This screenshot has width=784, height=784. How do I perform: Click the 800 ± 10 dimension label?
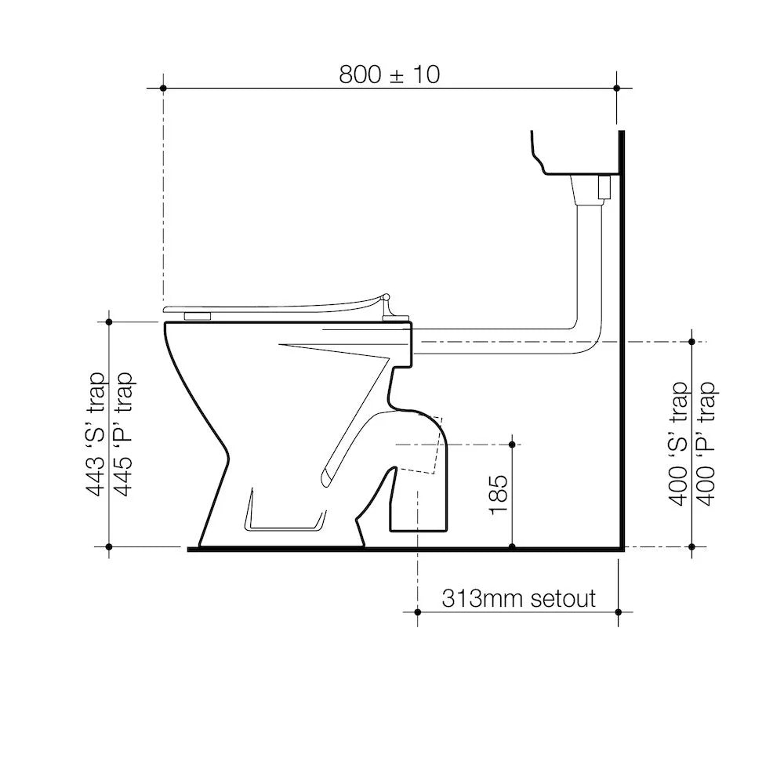tap(390, 74)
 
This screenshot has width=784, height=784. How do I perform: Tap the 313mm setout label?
tap(518, 599)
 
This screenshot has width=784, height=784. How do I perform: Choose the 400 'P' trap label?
tap(706, 444)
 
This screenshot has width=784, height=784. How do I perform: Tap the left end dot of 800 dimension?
tap(163, 88)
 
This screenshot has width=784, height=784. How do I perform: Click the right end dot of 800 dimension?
tap(618, 88)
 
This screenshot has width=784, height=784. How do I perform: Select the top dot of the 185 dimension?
tap(512, 445)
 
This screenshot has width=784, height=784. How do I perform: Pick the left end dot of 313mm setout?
tap(417, 612)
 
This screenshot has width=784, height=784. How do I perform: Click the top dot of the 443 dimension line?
tap(109, 321)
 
